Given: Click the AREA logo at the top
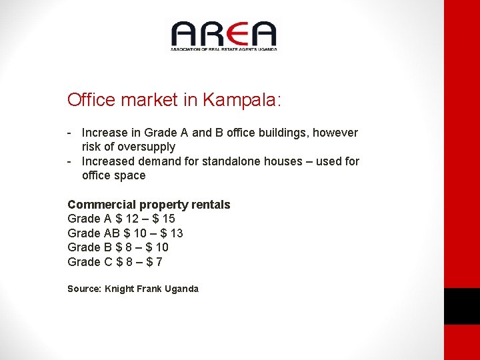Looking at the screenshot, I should (x=223, y=35).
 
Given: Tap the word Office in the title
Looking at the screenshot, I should (x=91, y=100).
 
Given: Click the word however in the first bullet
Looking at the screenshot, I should (x=336, y=133).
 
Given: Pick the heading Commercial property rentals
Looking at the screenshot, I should (x=149, y=205).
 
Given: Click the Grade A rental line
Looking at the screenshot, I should (x=121, y=219).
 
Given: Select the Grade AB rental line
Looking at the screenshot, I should (x=125, y=233).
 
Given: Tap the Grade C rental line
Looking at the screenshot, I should (x=115, y=262).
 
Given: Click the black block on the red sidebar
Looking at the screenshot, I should (x=462, y=306).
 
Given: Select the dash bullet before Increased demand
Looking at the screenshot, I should (x=69, y=161).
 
